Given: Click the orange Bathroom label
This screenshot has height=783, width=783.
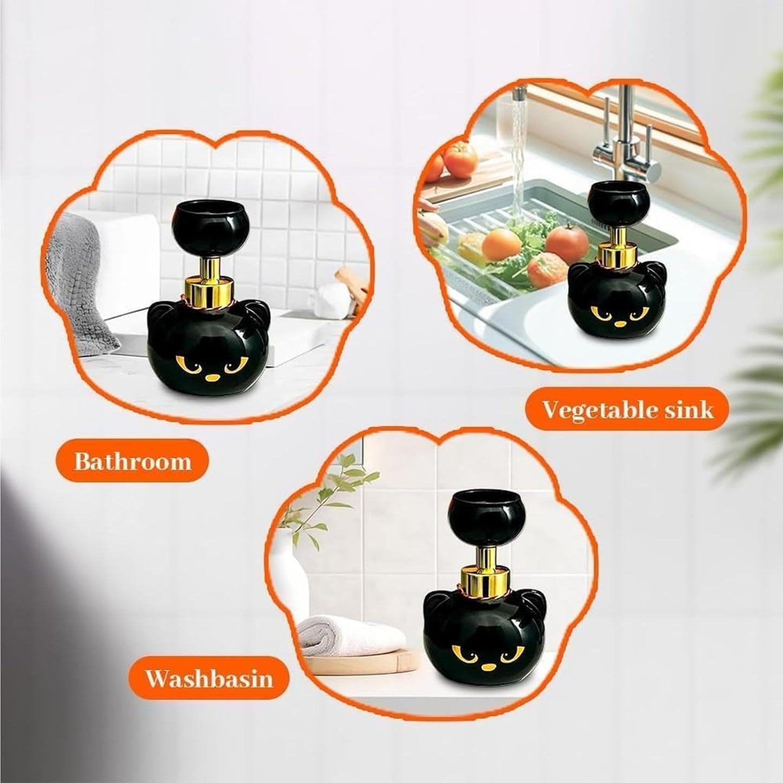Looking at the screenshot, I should point(132,462).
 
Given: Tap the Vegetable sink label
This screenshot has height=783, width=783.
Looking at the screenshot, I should point(627,410).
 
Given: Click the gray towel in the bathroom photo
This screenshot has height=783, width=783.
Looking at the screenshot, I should point(87,271).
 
